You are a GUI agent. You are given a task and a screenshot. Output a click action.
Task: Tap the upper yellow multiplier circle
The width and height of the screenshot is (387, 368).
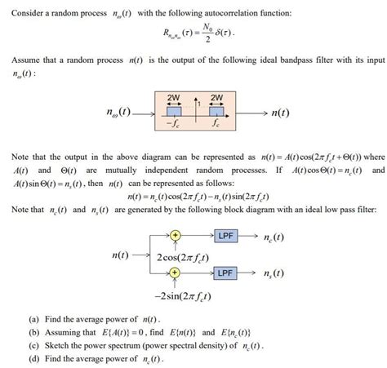tap(175, 238)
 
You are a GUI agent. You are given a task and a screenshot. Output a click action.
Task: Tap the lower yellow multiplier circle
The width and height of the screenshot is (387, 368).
tap(175, 272)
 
